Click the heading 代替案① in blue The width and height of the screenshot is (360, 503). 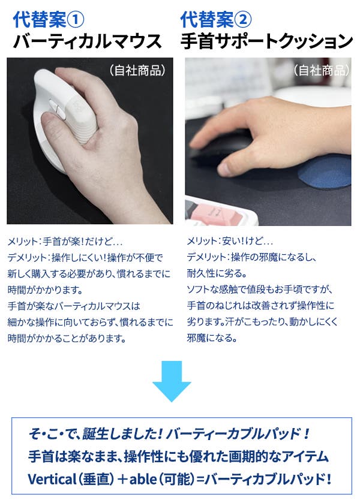point(49,20)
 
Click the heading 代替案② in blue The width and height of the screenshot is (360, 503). point(216,20)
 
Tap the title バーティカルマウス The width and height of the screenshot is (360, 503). point(87,41)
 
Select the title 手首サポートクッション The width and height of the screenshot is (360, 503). point(266,41)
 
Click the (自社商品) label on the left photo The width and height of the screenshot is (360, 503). point(137,70)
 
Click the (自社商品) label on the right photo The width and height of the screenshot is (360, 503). point(321,70)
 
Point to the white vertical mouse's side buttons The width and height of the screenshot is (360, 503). point(56,109)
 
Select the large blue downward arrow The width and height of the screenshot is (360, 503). point(172,381)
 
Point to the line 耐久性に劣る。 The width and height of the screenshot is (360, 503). point(217,273)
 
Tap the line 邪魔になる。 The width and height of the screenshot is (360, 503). point(212,338)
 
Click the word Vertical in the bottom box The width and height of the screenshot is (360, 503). point(52,479)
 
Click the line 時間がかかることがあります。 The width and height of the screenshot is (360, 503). point(67,338)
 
